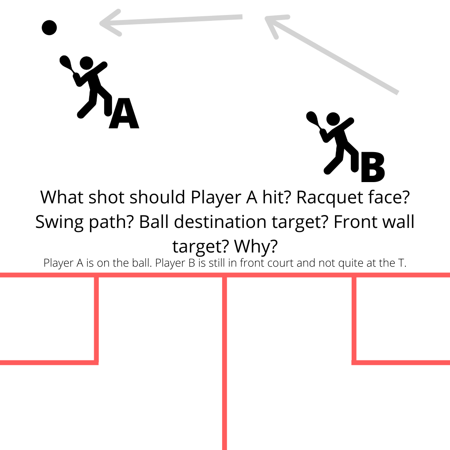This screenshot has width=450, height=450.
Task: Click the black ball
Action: pos(49,27)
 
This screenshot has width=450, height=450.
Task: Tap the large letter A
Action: pos(124,113)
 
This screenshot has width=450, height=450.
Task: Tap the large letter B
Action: pos(372,167)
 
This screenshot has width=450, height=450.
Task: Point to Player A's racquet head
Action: pos(65,62)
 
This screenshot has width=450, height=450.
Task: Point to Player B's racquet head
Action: pos(312,117)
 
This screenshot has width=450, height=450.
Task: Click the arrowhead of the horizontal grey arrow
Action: pos(110,23)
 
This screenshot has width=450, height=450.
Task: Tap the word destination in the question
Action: pos(220,222)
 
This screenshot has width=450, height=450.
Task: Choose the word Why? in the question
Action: pos(256,247)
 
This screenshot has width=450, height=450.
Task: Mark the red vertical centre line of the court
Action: pos(225,362)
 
